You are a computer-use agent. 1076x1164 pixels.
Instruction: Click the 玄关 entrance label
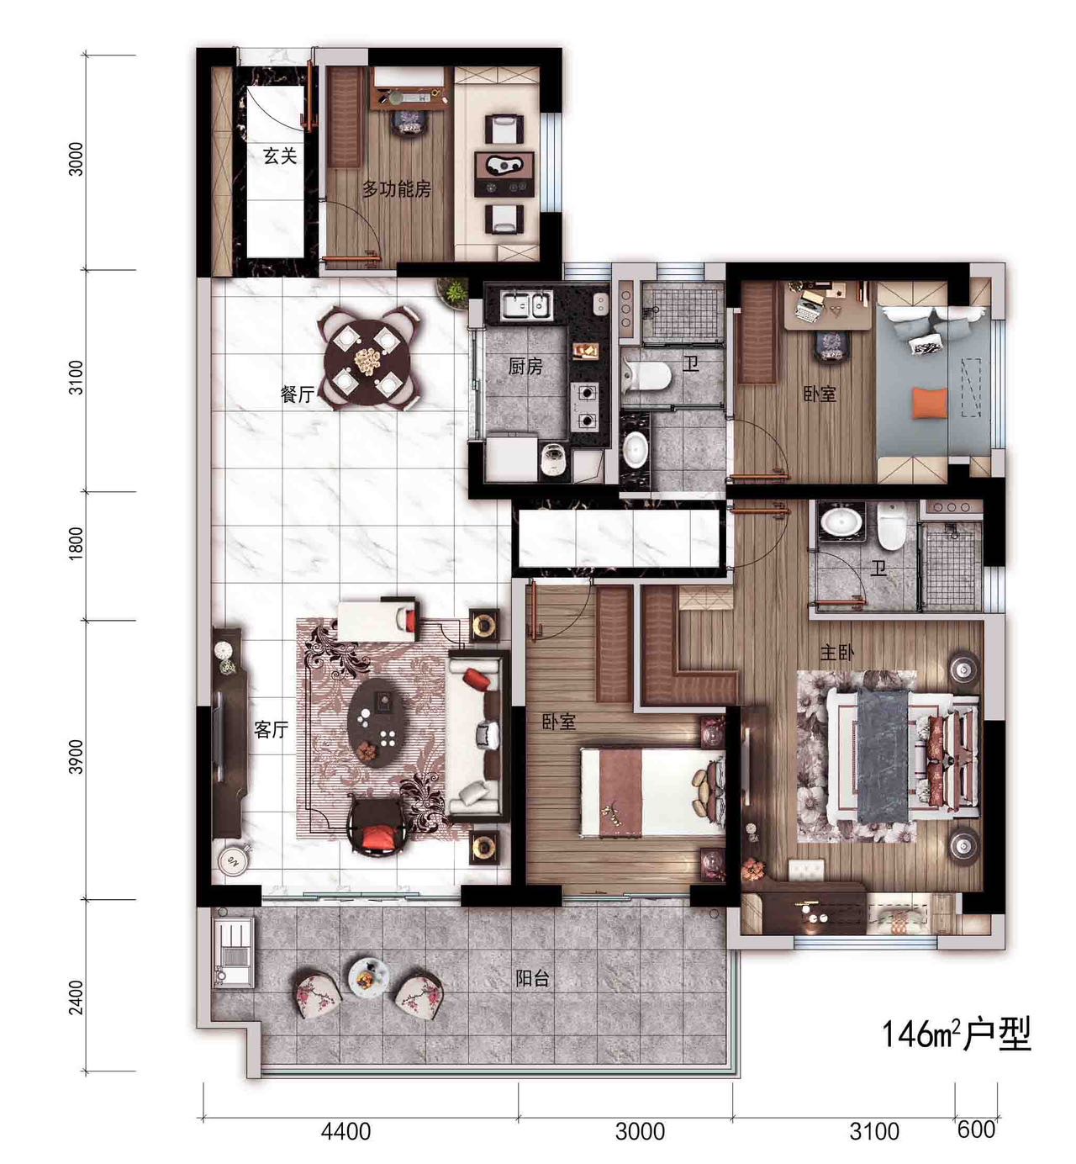coord(280,156)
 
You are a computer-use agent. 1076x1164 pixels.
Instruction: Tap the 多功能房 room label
coord(396,188)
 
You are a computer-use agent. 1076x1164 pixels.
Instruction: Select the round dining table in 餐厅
coord(367,358)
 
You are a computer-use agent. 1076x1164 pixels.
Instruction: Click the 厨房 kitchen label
coord(525,367)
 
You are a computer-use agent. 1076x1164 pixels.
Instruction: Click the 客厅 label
coord(271,730)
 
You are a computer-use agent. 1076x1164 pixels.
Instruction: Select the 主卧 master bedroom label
coord(836,652)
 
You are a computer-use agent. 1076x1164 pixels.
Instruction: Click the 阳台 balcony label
coord(532,978)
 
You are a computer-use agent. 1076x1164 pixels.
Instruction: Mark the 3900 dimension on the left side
coord(76,756)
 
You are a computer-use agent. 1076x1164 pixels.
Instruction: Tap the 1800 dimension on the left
coord(76,543)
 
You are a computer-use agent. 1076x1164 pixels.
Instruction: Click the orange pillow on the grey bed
coord(930,403)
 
